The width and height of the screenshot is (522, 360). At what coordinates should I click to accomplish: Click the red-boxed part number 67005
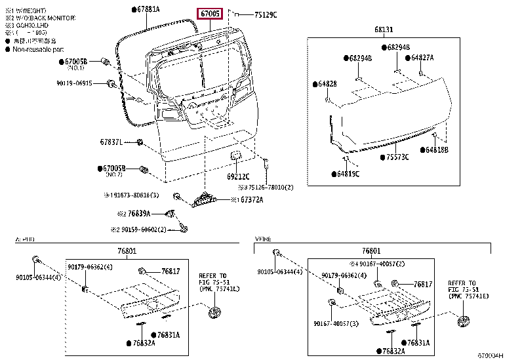[x=211, y=14]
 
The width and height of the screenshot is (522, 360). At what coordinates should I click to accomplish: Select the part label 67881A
[x=149, y=9]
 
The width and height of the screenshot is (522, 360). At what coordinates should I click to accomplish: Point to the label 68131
[x=384, y=30]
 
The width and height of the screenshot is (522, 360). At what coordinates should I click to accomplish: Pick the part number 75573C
[x=397, y=157]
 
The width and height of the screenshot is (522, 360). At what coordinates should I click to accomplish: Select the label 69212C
[x=239, y=176]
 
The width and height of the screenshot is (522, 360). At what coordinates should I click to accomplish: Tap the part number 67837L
[x=111, y=142]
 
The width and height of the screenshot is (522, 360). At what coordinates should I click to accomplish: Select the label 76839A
[x=139, y=214]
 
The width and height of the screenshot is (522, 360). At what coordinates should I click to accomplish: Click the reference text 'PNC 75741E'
[x=471, y=297]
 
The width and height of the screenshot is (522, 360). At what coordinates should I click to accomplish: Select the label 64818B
[x=436, y=150]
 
